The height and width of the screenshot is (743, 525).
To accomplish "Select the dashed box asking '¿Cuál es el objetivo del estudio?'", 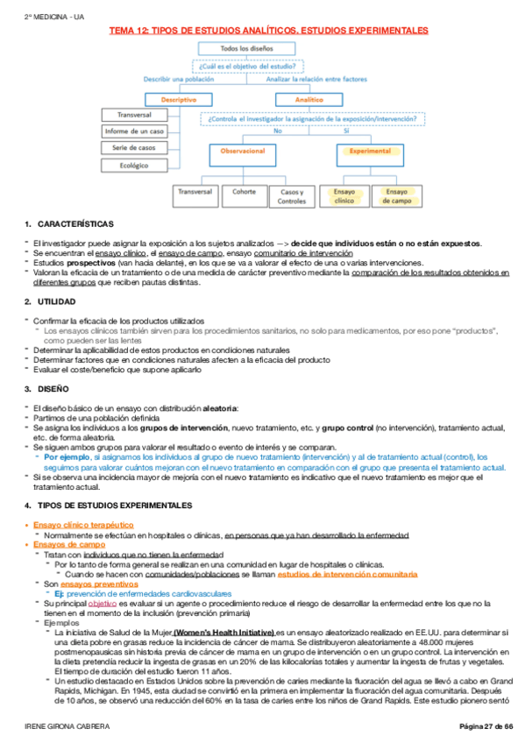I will [x=249, y=66].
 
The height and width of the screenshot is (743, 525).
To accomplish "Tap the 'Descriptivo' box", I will [x=179, y=100].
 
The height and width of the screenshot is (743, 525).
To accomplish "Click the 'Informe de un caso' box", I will [x=134, y=131].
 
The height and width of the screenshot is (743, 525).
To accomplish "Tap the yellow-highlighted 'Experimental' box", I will [x=370, y=152].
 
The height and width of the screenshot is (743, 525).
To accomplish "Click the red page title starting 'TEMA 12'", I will [x=268, y=30].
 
